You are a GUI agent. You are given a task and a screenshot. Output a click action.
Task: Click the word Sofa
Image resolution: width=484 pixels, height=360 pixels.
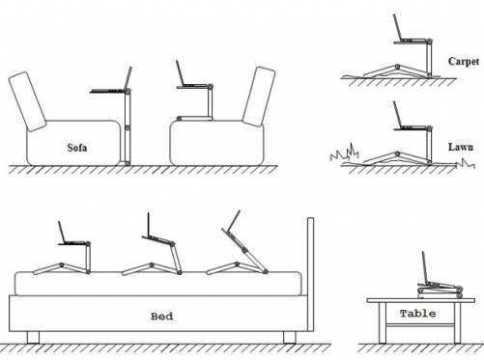77,148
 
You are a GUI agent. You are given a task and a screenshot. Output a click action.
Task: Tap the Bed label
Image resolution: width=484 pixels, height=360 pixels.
161,317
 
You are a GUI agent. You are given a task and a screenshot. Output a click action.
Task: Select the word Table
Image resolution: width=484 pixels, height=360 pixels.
417,314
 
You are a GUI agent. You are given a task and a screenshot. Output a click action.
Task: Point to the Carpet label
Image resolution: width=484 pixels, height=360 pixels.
464,61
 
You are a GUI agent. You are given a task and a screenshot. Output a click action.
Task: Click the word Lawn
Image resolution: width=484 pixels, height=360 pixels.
461,147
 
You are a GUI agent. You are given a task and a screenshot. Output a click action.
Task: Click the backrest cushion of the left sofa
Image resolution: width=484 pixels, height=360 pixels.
27,101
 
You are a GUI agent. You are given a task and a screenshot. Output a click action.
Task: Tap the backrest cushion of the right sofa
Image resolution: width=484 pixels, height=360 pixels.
259,97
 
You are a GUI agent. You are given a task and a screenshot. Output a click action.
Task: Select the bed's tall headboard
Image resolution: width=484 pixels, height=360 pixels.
310,274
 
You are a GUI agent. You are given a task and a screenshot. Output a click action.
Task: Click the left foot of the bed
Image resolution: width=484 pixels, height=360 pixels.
33,338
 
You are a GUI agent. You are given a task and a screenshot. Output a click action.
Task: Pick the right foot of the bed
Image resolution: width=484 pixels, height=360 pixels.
289,338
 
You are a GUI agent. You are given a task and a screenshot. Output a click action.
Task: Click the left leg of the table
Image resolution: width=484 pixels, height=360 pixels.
383,322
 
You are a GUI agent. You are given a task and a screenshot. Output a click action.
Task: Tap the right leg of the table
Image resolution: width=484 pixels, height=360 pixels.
458,322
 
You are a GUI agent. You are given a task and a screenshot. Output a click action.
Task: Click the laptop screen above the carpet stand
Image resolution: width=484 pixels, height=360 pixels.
397,28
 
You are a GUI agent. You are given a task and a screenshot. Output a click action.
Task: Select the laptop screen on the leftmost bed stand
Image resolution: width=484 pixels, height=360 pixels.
62,232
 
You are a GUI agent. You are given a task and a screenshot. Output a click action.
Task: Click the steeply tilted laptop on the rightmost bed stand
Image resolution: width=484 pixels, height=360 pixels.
233,231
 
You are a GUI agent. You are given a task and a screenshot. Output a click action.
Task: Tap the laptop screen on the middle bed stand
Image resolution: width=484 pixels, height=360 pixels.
149,225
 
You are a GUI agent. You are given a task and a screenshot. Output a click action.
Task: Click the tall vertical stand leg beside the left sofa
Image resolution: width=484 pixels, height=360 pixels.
128,127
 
